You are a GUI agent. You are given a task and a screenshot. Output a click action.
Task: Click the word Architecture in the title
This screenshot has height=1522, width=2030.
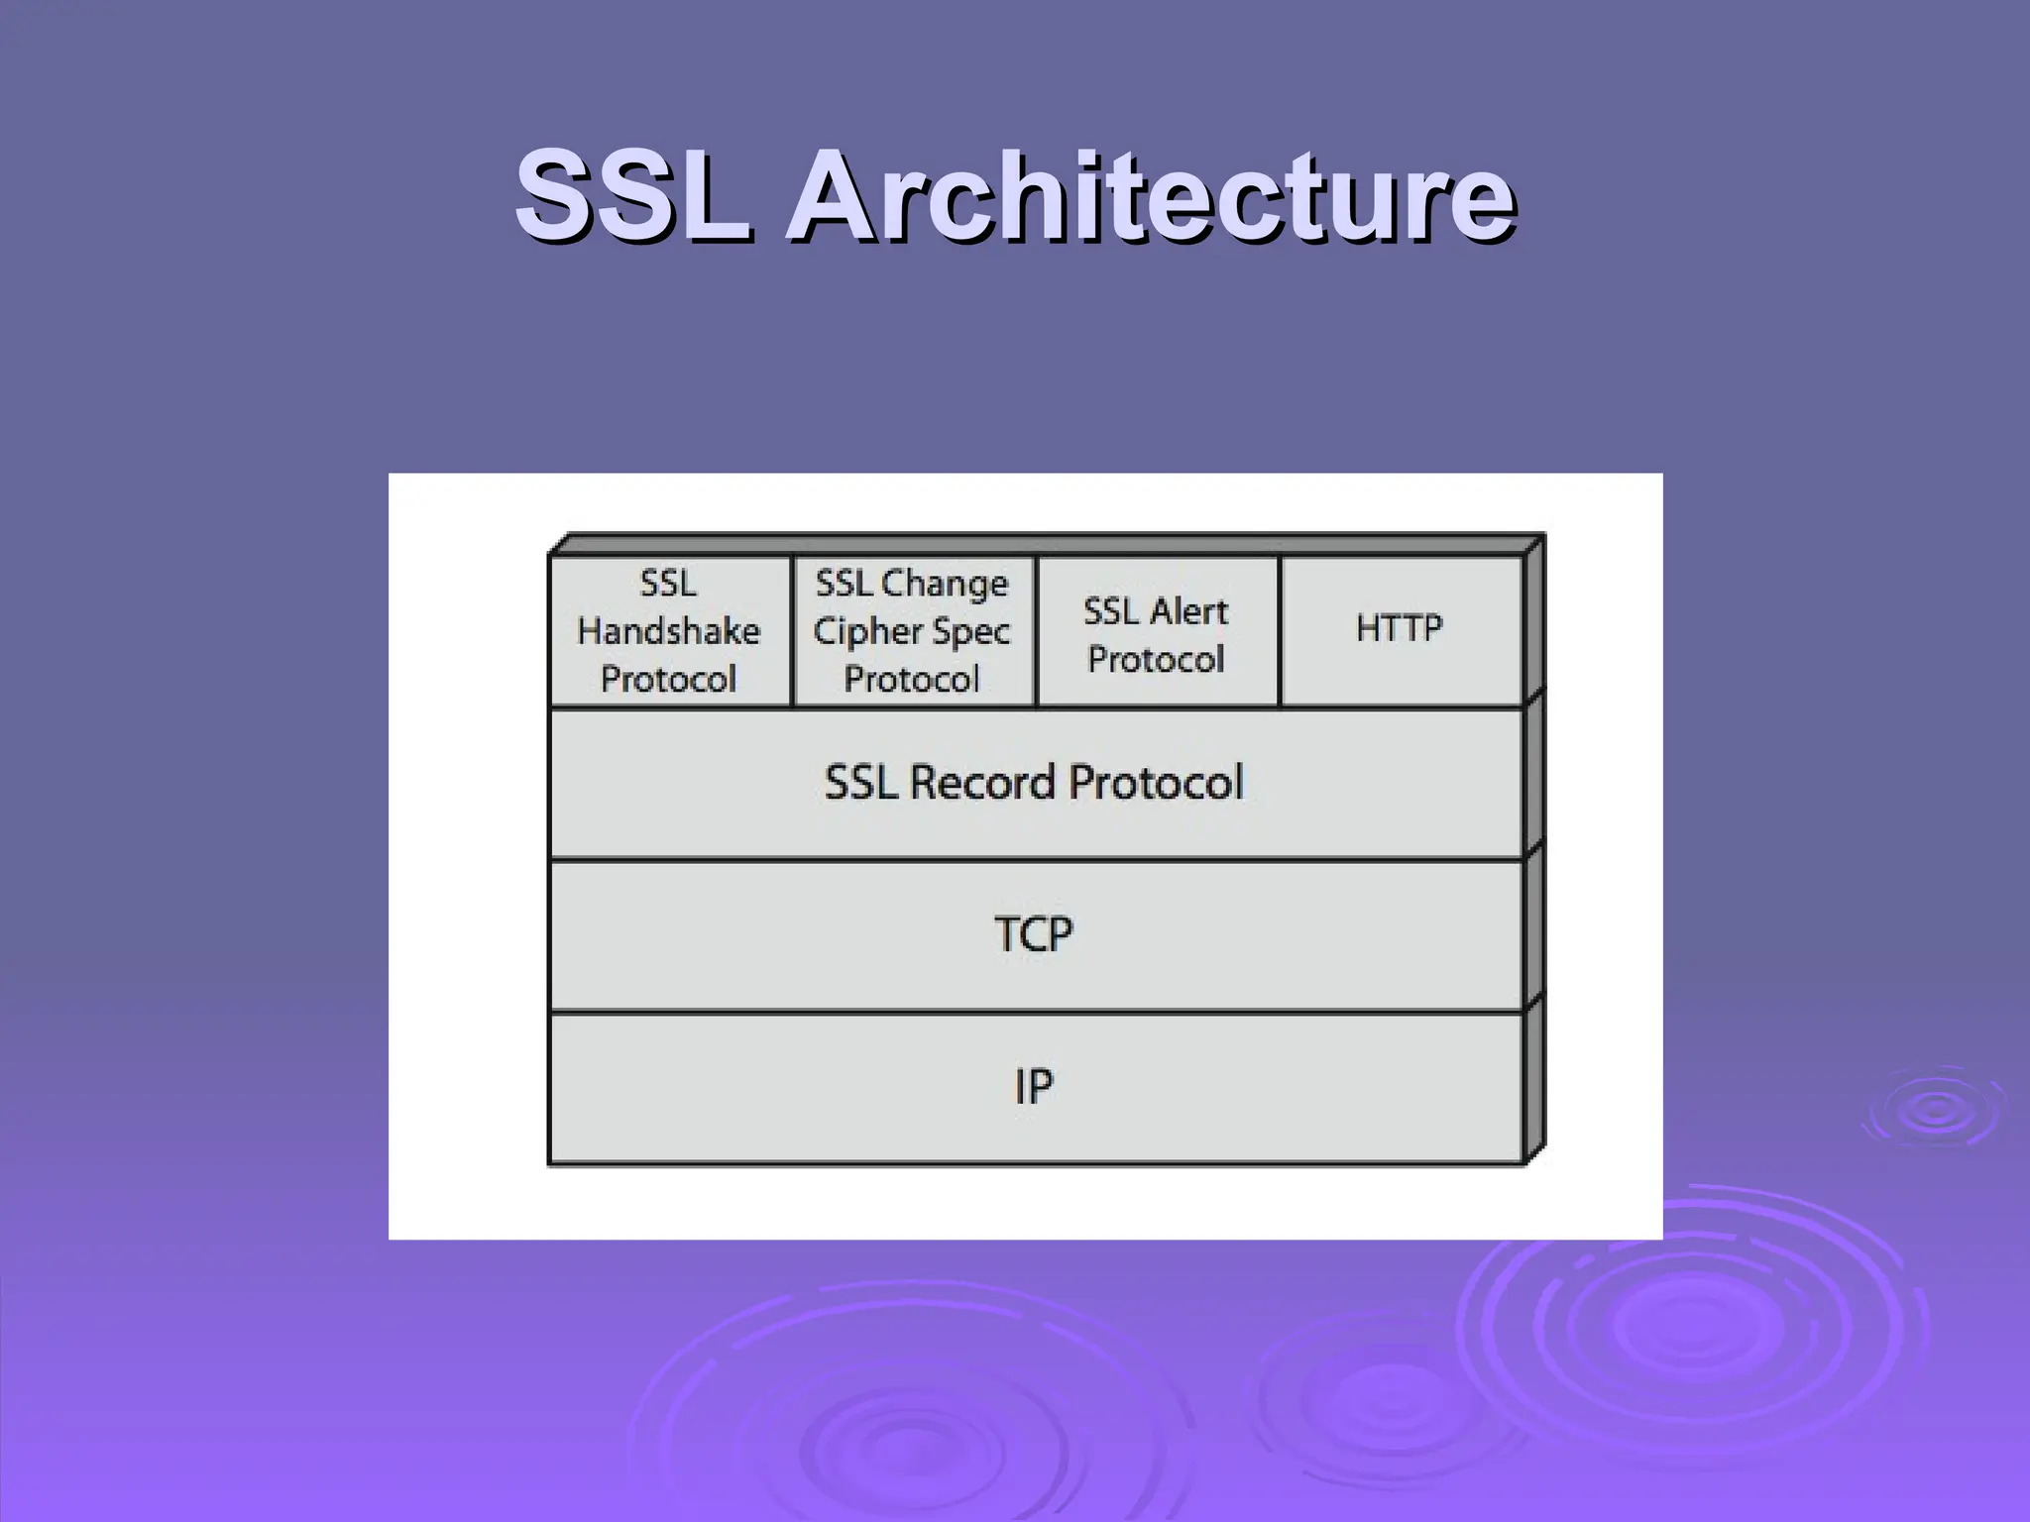(x=1150, y=195)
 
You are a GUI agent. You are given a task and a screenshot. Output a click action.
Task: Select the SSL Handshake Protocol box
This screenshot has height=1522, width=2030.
(x=670, y=631)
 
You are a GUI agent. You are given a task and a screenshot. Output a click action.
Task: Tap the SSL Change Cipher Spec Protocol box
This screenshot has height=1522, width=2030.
(x=913, y=631)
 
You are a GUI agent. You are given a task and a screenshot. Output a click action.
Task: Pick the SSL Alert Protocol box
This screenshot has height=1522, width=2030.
(x=1157, y=631)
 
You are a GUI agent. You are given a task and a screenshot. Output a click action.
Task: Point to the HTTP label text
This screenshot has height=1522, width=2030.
(x=1400, y=628)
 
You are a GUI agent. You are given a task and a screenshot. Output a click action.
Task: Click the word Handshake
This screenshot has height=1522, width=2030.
(x=669, y=631)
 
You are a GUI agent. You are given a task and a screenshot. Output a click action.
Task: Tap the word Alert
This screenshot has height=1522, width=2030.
(x=1188, y=611)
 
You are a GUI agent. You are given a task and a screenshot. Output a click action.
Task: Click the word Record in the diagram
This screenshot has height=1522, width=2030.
(x=981, y=783)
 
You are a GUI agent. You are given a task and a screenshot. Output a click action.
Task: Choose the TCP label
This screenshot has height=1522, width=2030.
(x=1034, y=934)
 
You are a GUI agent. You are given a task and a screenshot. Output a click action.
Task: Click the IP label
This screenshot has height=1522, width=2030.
(x=1034, y=1087)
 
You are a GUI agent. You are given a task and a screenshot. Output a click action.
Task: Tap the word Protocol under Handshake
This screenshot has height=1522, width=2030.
(x=669, y=680)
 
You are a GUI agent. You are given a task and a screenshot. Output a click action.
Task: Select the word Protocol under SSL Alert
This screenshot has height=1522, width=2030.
(x=1157, y=660)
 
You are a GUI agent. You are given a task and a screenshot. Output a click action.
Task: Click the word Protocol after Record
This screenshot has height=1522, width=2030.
(x=1156, y=783)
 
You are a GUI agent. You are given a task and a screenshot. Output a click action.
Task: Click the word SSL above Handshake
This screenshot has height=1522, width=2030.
(x=669, y=584)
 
